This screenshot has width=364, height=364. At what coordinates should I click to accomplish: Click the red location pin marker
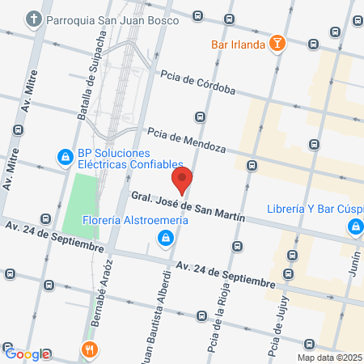tap(182, 180)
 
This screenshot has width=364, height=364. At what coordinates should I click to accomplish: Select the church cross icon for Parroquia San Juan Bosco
tap(33, 18)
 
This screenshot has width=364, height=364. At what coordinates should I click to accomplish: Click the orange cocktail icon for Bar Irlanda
tap(277, 44)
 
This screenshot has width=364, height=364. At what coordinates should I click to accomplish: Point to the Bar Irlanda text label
tap(238, 44)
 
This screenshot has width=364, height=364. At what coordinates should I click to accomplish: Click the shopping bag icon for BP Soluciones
tap(62, 155)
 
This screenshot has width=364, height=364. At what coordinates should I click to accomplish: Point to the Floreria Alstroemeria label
tap(136, 219)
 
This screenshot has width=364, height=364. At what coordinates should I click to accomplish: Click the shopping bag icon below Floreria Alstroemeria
tap(165, 237)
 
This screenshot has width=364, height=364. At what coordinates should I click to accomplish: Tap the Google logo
tap(28, 353)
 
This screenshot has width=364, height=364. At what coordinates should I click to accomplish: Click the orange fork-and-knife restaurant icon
tap(89, 350)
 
